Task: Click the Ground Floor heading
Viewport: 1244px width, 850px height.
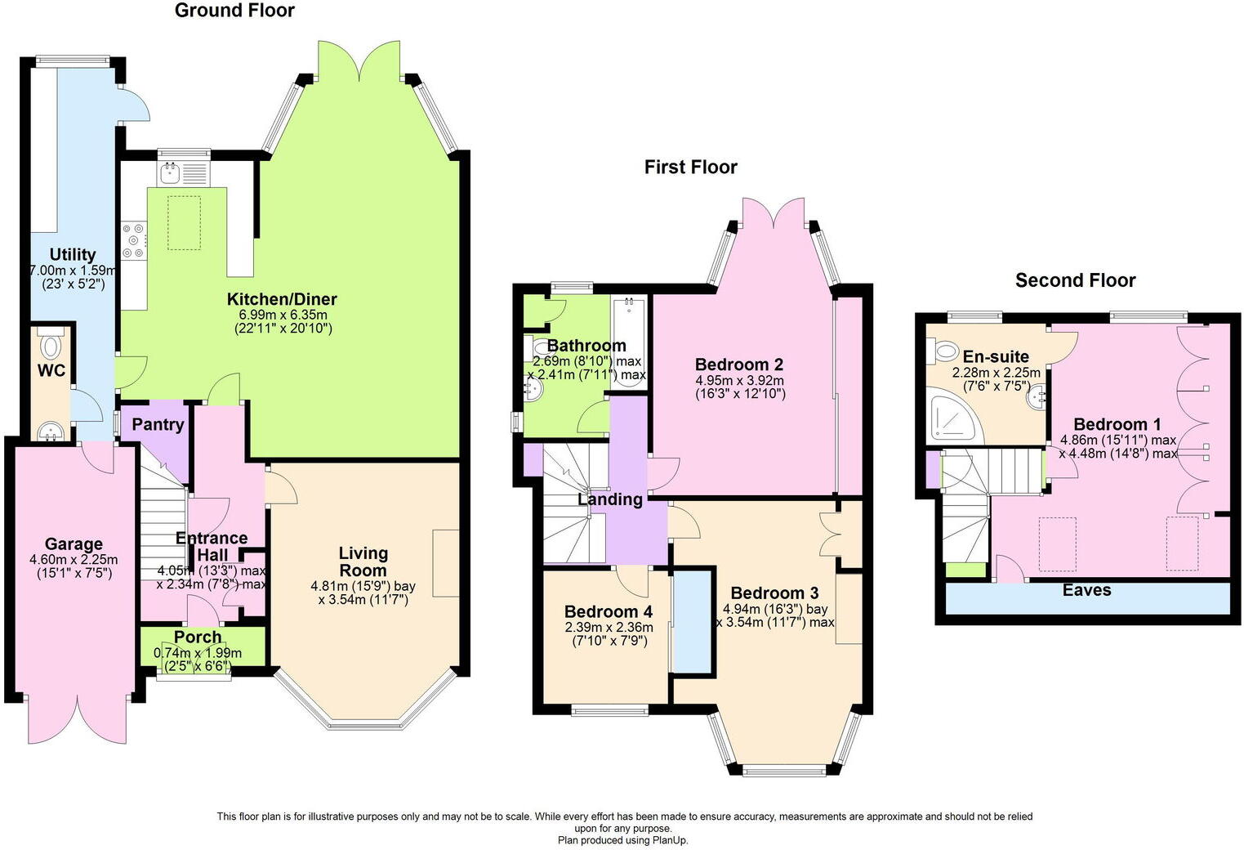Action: (234, 11)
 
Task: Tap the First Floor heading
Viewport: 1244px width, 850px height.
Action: (690, 168)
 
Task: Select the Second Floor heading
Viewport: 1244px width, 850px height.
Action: (1075, 280)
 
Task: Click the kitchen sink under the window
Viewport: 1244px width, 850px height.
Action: (172, 172)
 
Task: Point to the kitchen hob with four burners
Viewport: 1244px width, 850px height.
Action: (134, 242)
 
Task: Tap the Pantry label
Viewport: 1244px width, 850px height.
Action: (158, 424)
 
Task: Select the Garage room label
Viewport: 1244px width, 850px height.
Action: (74, 544)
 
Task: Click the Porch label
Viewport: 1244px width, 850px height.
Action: (198, 637)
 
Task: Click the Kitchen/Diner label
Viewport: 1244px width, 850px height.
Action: (282, 299)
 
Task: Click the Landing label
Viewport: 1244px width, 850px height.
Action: (610, 499)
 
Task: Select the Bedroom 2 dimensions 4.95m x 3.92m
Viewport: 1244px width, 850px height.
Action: (739, 380)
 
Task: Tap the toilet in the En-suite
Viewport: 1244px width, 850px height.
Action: (943, 351)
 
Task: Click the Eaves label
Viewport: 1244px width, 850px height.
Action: (1086, 590)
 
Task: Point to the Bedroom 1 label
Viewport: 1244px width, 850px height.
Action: (1117, 424)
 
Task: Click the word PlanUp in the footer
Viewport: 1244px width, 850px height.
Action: (673, 840)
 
